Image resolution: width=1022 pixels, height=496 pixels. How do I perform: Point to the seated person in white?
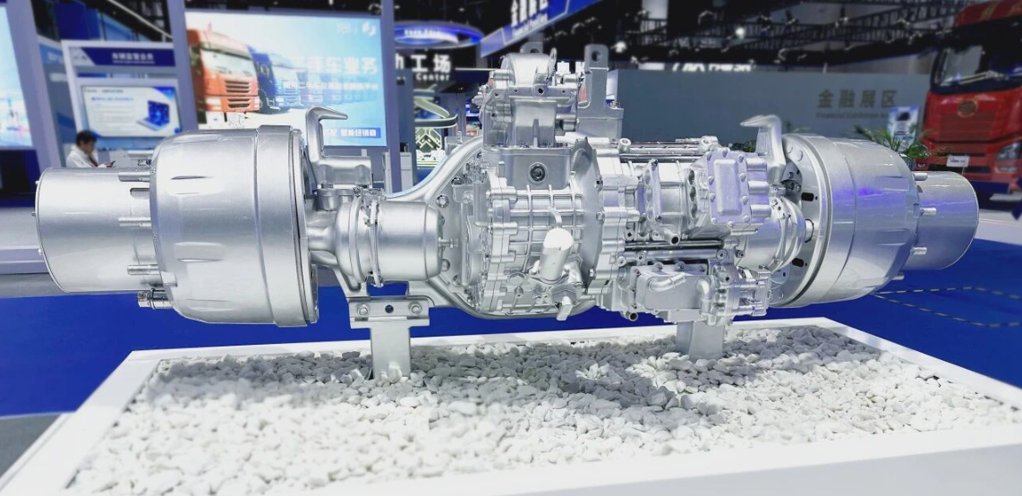pyautogui.click(x=84, y=150)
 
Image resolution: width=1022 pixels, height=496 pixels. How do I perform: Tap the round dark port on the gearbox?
pyautogui.click(x=537, y=172)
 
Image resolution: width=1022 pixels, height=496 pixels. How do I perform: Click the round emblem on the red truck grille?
pyautogui.click(x=968, y=107)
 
